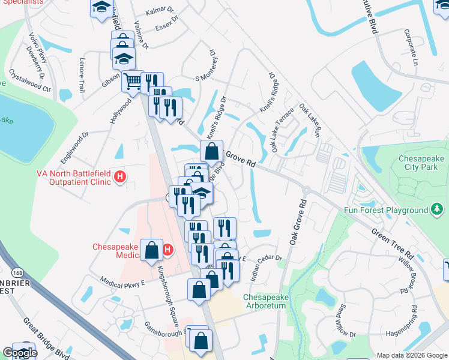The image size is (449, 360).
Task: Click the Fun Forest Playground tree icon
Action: coord(438,210)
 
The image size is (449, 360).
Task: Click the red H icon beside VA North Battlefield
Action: coord(120,178)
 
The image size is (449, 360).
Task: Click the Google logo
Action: coord(19,353)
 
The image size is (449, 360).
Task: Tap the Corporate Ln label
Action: coord(412,46)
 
